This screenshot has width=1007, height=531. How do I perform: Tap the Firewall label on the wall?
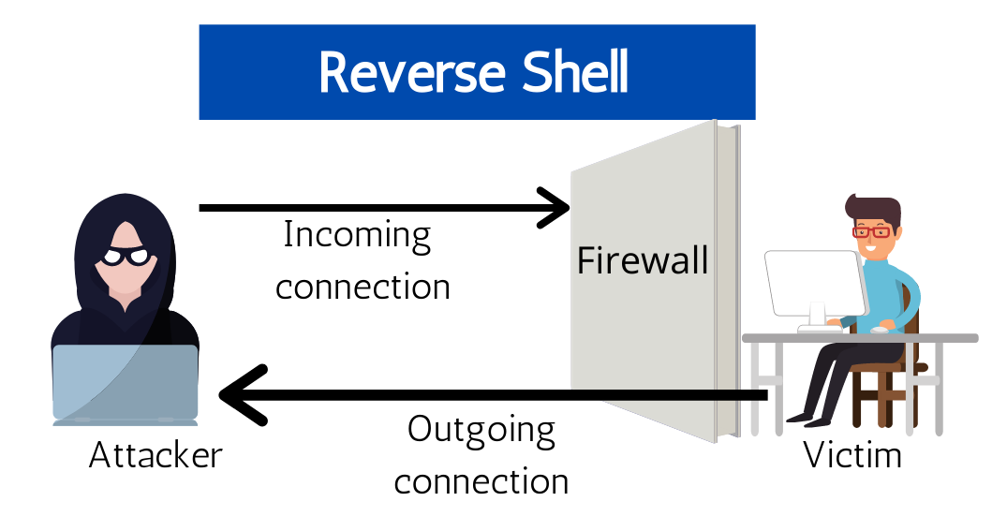point(643,260)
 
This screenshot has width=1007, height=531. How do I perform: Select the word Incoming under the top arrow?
point(357,235)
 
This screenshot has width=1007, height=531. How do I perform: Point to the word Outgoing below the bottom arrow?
point(481,432)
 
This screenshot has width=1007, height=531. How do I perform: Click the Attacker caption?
point(155,456)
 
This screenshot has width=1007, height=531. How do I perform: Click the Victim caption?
point(852,456)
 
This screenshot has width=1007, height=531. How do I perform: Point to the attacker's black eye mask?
point(126,256)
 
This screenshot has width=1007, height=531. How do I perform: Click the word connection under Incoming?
point(363,287)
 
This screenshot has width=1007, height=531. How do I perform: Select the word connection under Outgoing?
point(481,481)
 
